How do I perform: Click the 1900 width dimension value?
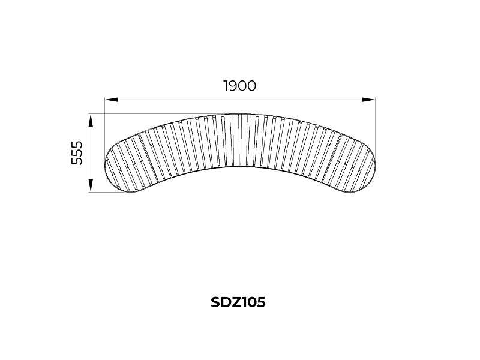coord(239,86)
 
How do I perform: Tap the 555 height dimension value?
coord(77,153)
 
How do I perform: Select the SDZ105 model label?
coord(238,302)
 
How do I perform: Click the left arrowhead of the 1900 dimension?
coord(112,100)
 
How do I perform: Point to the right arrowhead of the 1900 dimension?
coord(368,100)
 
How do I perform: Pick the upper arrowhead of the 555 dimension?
coord(91,121)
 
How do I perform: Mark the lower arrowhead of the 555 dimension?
coord(91,185)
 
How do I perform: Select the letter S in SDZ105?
coord(215,302)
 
